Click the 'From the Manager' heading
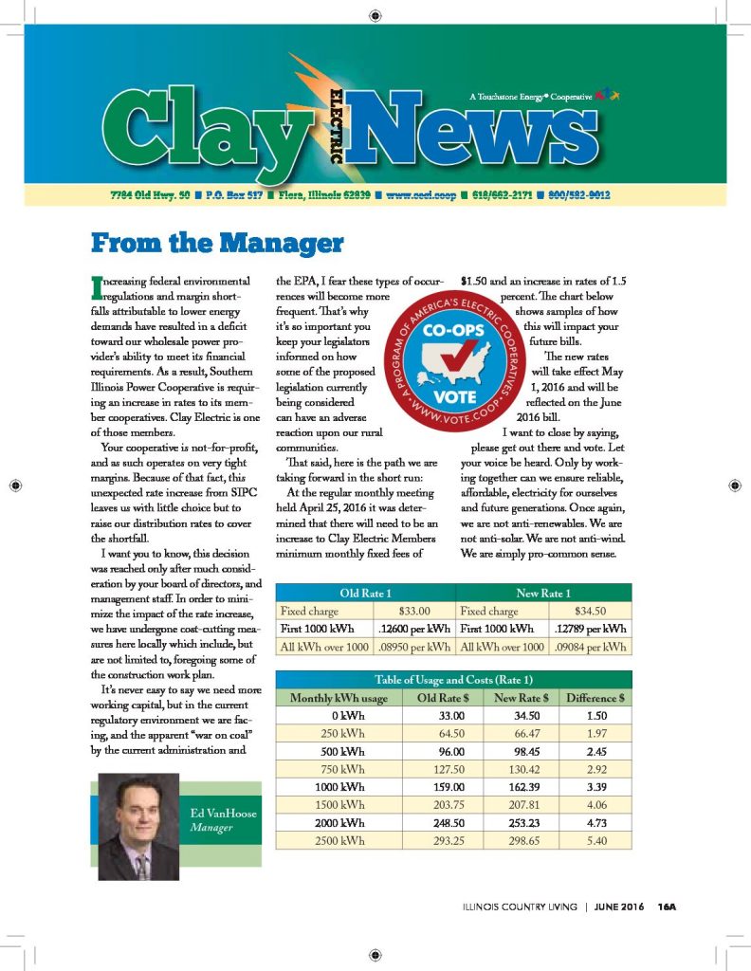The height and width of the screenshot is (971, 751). tap(216, 243)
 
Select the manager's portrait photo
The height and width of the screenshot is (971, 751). tap(138, 826)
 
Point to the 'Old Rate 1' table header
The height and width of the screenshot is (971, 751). tap(365, 593)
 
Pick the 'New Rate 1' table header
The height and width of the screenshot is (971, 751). tap(543, 593)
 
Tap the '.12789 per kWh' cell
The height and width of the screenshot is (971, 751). tap(589, 629)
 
